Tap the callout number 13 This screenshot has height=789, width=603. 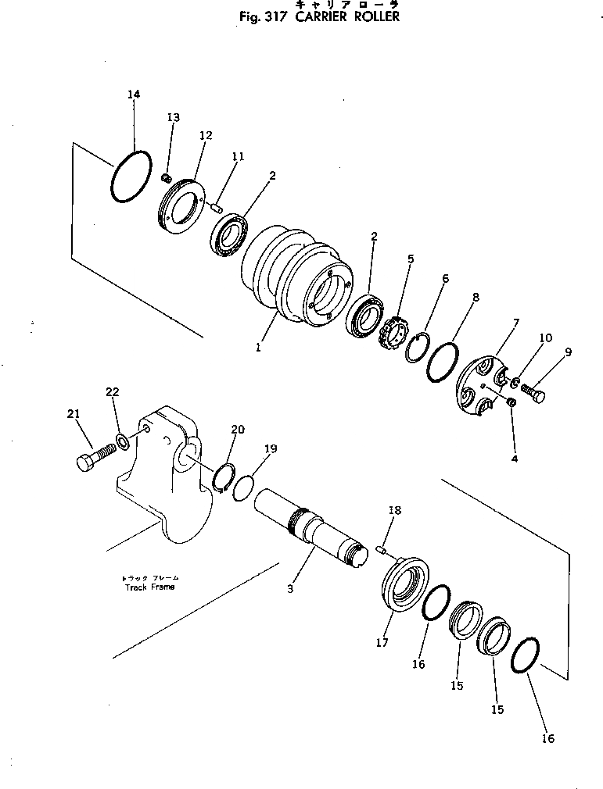173,117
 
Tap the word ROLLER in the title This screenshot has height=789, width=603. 372,16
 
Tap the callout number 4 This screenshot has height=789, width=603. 514,459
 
